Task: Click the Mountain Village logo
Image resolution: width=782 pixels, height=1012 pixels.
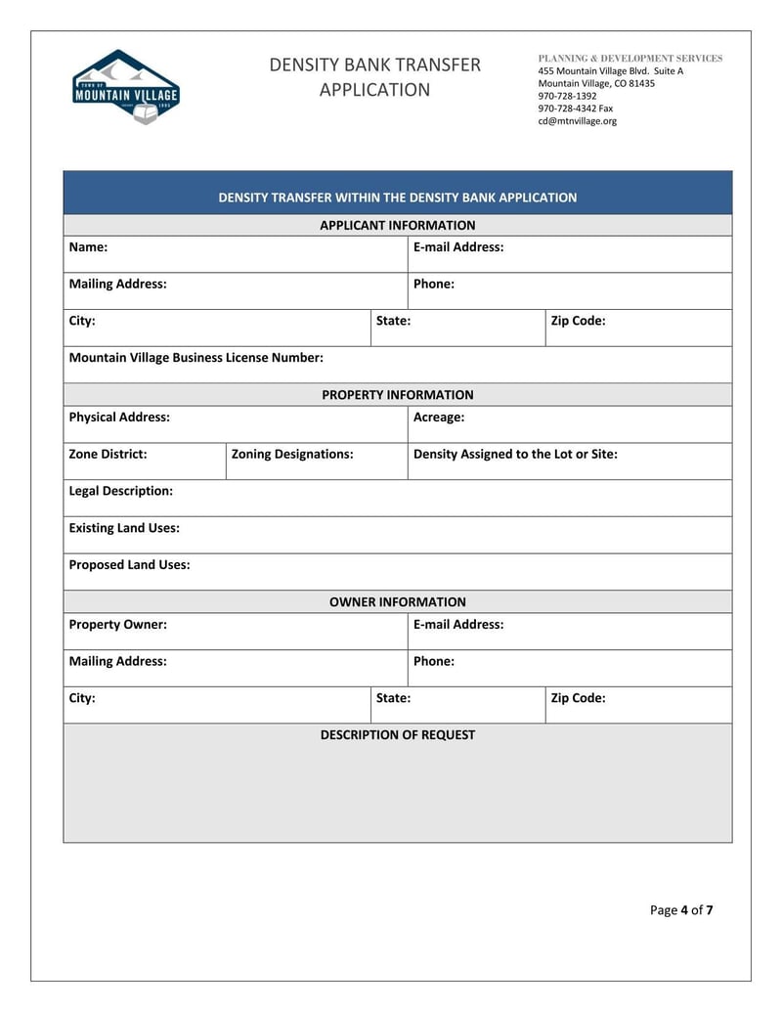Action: tap(125, 86)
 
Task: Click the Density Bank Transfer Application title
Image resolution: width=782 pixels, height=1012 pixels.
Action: tap(374, 77)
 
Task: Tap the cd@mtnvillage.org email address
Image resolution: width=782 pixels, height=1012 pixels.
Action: tap(577, 121)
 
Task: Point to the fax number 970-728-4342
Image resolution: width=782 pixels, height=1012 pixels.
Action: tap(575, 109)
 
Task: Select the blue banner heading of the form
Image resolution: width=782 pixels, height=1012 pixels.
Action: tap(397, 198)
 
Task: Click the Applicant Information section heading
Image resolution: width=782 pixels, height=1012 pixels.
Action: tap(397, 225)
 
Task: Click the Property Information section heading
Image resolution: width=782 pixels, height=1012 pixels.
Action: tap(397, 395)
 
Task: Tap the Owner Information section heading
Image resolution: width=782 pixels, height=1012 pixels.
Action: tap(397, 602)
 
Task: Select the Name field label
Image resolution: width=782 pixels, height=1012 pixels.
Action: tap(88, 247)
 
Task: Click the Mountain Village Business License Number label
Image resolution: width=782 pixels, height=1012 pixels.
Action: tap(195, 358)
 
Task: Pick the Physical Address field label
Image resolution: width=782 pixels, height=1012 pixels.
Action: tap(119, 418)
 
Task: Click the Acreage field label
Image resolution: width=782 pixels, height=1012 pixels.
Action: tap(439, 418)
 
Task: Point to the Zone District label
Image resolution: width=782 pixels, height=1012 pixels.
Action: tap(108, 455)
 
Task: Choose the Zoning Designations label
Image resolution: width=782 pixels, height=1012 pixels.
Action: tap(292, 455)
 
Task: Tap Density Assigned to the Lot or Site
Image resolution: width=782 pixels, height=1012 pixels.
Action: tap(515, 455)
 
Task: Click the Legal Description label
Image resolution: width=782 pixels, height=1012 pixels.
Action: tap(120, 491)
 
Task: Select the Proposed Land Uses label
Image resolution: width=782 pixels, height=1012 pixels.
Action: tap(129, 565)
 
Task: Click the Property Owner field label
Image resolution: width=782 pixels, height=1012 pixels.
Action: tap(117, 625)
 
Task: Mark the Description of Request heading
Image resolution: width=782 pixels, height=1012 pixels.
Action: tap(397, 735)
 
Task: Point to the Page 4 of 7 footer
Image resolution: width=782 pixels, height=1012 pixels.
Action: tap(681, 910)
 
